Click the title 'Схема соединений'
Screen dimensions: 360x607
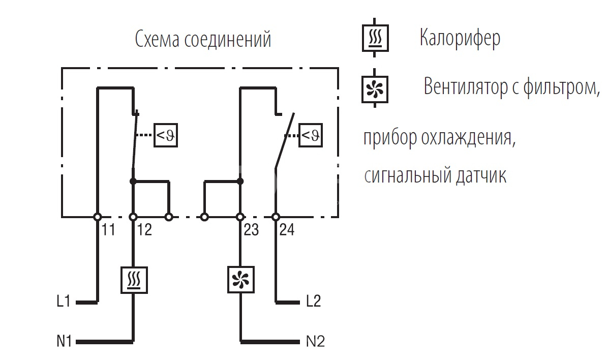point(203,40)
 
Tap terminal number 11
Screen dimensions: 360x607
point(107,230)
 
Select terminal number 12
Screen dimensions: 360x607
point(144,230)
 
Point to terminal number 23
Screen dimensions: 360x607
point(251,230)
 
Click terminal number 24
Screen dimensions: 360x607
point(287,230)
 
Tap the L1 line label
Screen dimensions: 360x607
point(64,302)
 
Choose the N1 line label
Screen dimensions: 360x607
point(64,341)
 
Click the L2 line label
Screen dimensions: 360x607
point(314,302)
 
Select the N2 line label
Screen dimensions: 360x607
point(315,341)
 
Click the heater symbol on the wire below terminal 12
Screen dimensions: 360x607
point(134,280)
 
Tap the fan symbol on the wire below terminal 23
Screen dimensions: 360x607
point(240,280)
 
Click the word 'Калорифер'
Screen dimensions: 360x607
point(460,38)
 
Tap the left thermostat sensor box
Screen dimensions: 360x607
point(166,135)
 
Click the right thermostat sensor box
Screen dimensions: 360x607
point(310,135)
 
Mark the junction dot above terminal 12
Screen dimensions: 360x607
point(133,181)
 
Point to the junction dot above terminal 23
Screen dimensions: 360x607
point(240,181)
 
